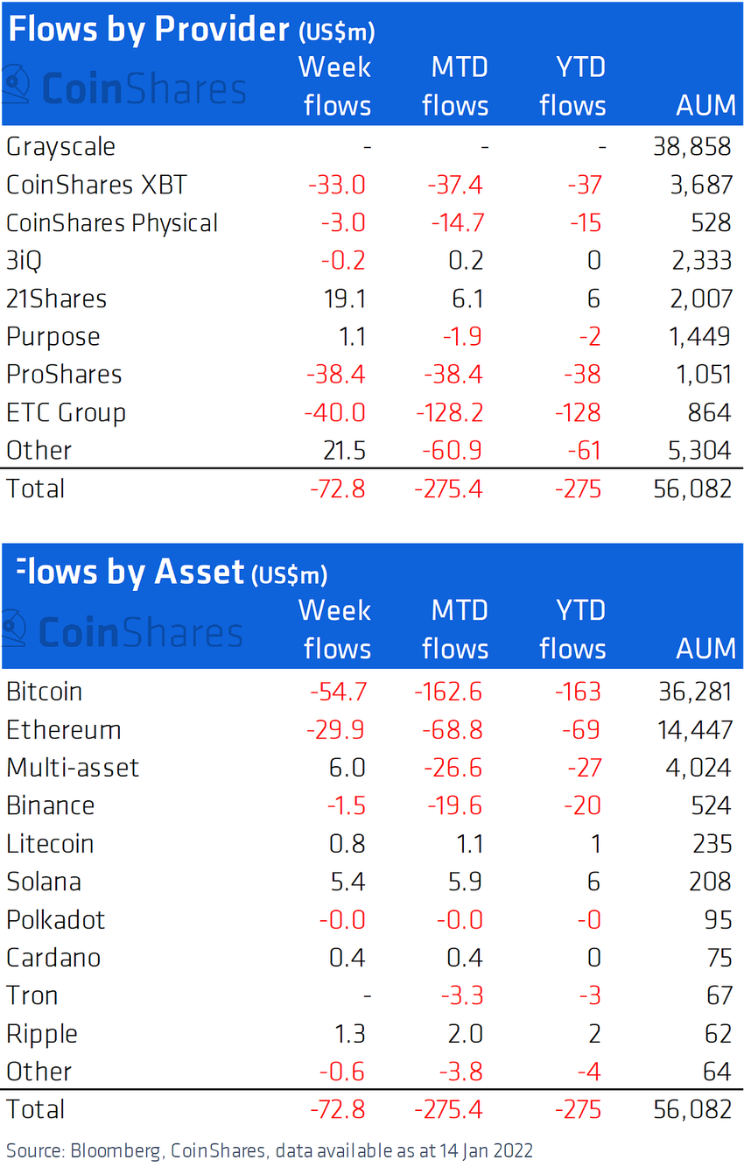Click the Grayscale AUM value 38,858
pyautogui.click(x=691, y=147)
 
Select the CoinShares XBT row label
pyautogui.click(x=96, y=185)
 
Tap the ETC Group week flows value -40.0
pyautogui.click(x=337, y=412)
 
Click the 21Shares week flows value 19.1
pyautogui.click(x=346, y=299)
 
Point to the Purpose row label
pyautogui.click(x=53, y=337)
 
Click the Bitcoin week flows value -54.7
pyautogui.click(x=338, y=692)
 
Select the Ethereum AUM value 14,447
pyautogui.click(x=691, y=730)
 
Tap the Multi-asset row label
pyautogui.click(x=73, y=768)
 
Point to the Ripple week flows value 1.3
pyautogui.click(x=348, y=1034)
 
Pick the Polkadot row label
pyautogui.click(x=56, y=920)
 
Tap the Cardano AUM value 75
pyautogui.click(x=719, y=958)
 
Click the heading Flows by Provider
pyautogui.click(x=149, y=30)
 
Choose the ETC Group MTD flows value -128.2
pyautogui.click(x=448, y=412)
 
